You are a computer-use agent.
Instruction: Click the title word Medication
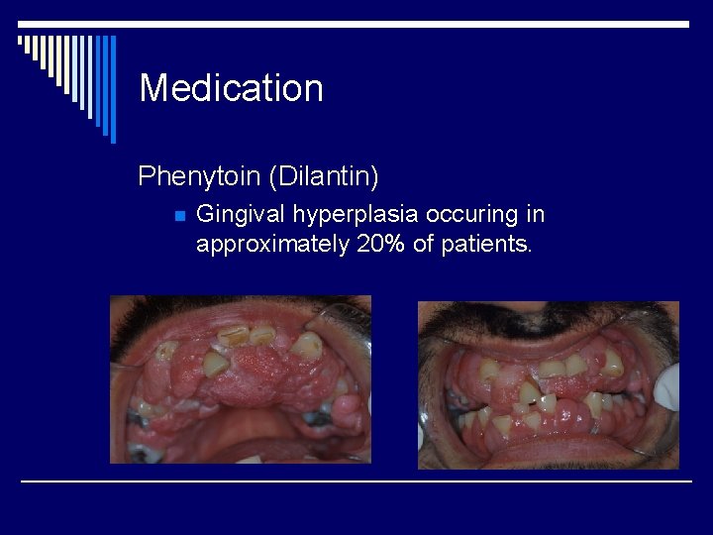coord(232,89)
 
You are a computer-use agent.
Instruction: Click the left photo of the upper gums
coord(240,379)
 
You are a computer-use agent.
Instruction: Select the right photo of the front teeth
coord(548,384)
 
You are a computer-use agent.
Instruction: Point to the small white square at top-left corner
coord(21,41)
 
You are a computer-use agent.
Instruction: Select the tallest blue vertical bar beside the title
coord(112,89)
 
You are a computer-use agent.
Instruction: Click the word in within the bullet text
coord(535,215)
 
